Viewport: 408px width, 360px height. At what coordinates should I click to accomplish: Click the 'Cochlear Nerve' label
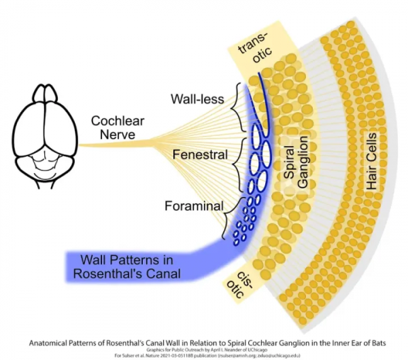pyautogui.click(x=113, y=128)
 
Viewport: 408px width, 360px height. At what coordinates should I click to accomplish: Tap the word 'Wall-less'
pyautogui.click(x=198, y=100)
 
